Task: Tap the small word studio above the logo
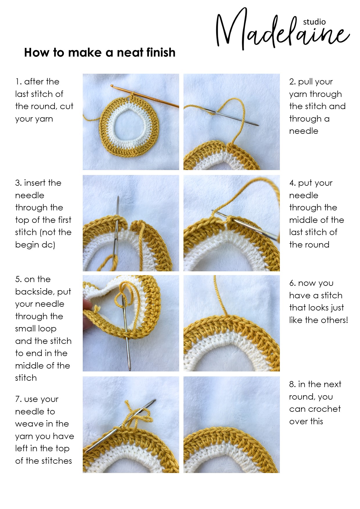(314, 22)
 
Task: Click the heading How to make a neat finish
(100, 53)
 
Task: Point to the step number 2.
(292, 82)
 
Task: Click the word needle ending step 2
(304, 131)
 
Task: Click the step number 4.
(292, 183)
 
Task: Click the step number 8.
(292, 384)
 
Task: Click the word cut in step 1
(66, 106)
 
